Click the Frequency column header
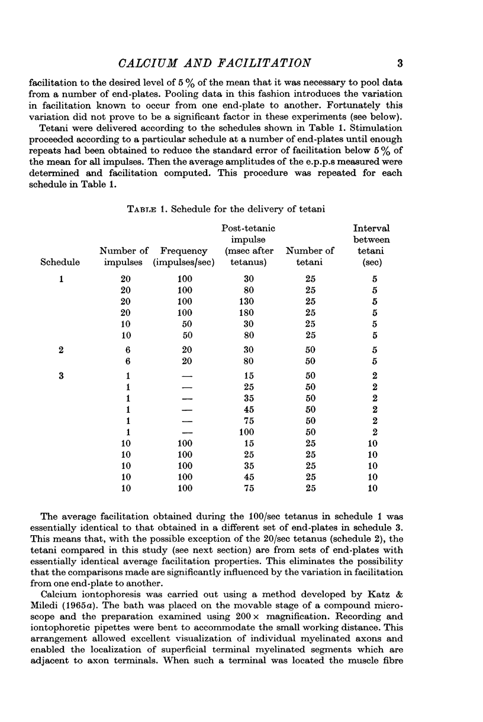click(183, 251)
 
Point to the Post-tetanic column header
click(248, 228)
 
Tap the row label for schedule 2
click(62, 350)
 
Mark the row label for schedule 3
click(62, 375)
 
